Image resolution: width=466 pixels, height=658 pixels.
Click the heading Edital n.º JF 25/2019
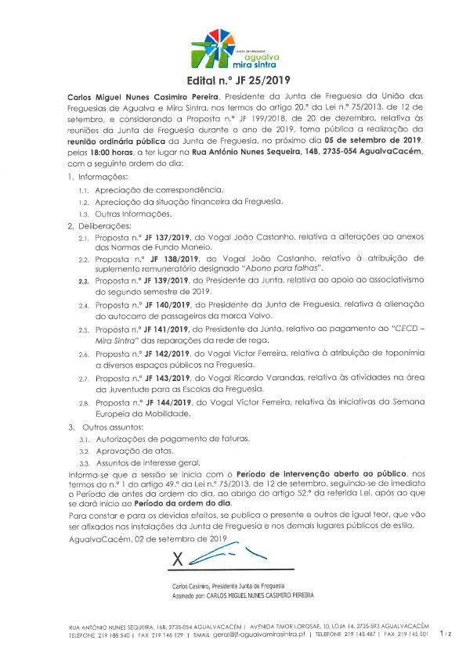[233, 80]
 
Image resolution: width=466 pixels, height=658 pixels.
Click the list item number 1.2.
[82, 202]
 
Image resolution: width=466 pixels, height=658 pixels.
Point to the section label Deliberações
[107, 225]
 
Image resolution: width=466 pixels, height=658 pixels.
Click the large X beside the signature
[177, 559]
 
